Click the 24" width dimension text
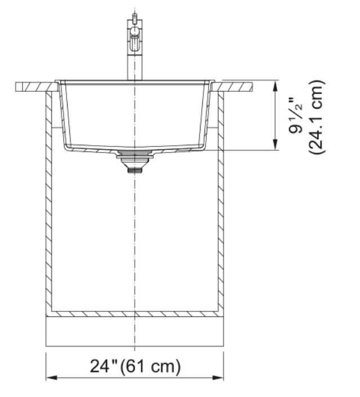(104, 366)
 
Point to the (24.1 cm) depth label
(316, 117)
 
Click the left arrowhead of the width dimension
(52, 378)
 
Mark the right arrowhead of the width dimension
(218, 378)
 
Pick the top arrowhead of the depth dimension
(275, 86)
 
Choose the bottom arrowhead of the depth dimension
(275, 145)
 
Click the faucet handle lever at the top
(135, 19)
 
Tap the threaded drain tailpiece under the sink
(135, 170)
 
